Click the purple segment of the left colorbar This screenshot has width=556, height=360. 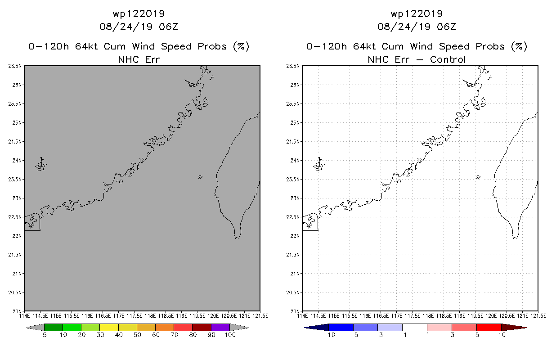220,327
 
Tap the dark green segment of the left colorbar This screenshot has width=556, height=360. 54,327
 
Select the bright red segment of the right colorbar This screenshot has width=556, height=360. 489,327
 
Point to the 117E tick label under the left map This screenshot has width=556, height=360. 119,316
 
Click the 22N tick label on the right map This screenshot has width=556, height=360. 295,236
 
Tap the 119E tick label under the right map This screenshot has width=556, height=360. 459,316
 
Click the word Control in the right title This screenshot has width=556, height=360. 448,59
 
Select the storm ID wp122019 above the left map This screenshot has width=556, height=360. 139,13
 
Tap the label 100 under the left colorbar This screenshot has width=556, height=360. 230,335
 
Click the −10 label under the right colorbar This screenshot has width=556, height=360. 329,335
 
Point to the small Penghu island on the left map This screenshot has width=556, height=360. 200,177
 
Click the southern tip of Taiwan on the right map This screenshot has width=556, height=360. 515,238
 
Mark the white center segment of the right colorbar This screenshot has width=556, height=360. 414,327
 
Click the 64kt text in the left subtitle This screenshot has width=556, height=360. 86,46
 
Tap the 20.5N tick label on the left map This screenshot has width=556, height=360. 15,292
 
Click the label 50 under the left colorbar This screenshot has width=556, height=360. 137,335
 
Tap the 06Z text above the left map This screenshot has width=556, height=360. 168,27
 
